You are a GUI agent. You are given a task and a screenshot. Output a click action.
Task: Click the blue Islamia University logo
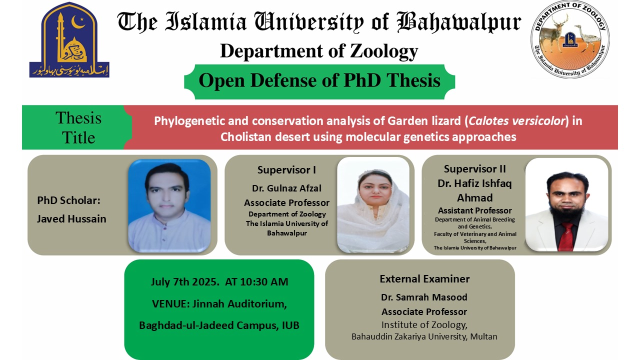pyautogui.click(x=69, y=40)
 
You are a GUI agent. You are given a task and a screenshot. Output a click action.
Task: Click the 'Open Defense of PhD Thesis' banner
pyautogui.click(x=319, y=80)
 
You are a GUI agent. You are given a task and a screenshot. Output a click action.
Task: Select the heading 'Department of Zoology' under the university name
pyautogui.click(x=319, y=51)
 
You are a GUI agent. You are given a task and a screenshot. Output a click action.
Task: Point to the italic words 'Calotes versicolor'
pyautogui.click(x=516, y=121)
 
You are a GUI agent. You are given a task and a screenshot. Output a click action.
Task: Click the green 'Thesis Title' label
pyautogui.click(x=78, y=127)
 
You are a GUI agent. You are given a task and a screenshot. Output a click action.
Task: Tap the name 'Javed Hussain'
pyautogui.click(x=71, y=218)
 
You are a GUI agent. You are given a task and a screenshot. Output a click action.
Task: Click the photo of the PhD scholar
pyautogui.click(x=169, y=205)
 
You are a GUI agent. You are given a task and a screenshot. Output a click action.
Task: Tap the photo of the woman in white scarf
pyautogui.click(x=373, y=205)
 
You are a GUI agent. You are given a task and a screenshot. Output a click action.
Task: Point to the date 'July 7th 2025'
pyautogui.click(x=184, y=282)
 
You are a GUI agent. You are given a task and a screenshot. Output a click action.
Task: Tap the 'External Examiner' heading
pyautogui.click(x=424, y=279)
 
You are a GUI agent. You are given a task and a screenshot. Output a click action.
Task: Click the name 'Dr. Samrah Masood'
pyautogui.click(x=424, y=297)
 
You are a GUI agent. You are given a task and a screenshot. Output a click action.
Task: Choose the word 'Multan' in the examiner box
pyautogui.click(x=483, y=336)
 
